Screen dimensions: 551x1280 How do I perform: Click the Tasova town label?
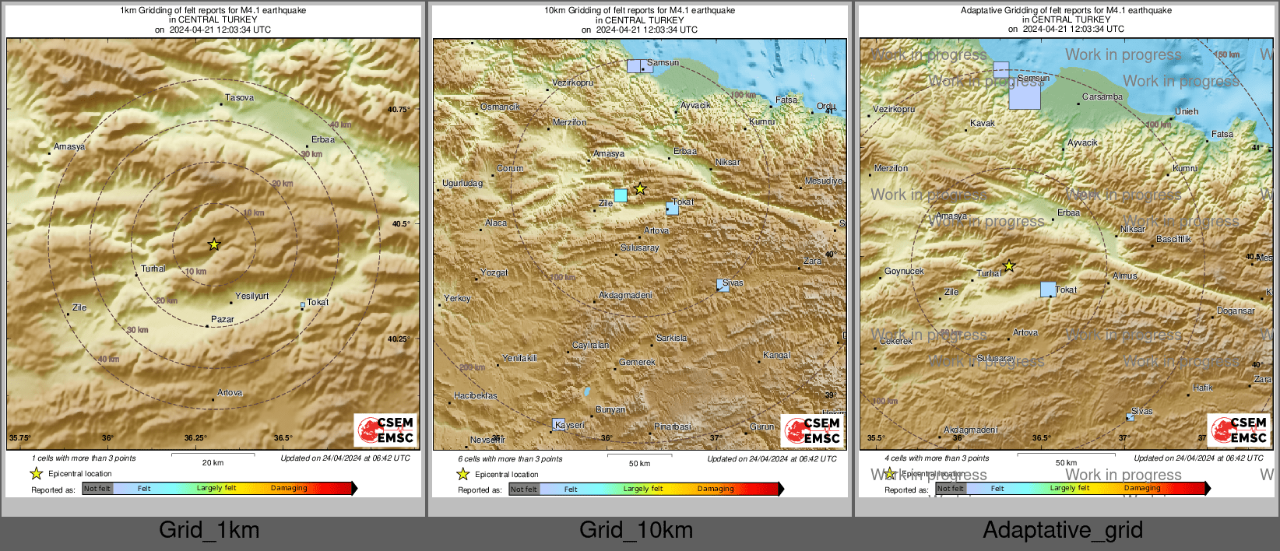(x=239, y=98)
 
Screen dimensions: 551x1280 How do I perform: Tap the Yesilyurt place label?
(x=251, y=297)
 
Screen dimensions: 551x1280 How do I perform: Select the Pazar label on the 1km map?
(x=222, y=320)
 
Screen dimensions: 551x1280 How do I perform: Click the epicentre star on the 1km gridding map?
(x=214, y=244)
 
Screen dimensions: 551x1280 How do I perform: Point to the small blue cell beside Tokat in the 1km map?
(x=303, y=305)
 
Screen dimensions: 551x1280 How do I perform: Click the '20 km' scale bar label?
(x=213, y=463)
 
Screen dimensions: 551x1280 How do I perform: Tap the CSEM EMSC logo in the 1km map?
(x=386, y=430)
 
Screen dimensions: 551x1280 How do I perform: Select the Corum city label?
(x=510, y=169)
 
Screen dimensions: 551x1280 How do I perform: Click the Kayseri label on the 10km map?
(x=570, y=426)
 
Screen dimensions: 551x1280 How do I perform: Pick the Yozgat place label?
(x=494, y=273)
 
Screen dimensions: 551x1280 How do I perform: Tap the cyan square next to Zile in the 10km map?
(x=621, y=195)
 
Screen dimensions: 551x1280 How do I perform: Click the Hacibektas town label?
(x=476, y=396)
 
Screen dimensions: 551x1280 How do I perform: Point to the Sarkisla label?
(x=671, y=339)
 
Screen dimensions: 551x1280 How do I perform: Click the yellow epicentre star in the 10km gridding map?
(x=640, y=189)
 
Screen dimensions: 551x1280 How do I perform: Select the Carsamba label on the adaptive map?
(x=1102, y=97)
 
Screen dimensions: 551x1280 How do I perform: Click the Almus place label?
(x=1125, y=276)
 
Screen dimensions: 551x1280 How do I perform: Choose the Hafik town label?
(x=1202, y=388)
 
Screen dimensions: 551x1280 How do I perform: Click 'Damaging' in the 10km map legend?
(x=716, y=490)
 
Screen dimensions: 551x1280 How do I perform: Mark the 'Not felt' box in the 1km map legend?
(x=97, y=489)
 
